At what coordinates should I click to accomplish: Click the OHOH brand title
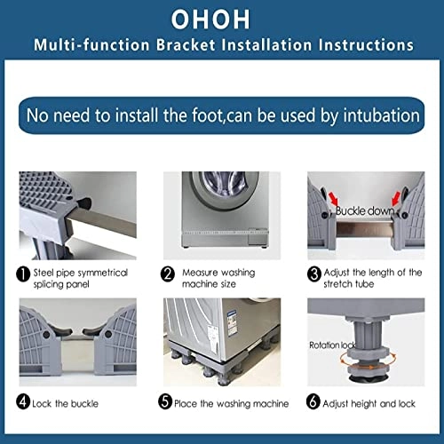pyautogui.click(x=221, y=19)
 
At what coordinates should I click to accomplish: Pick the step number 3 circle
pyautogui.click(x=314, y=274)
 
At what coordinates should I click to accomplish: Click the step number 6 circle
pyautogui.click(x=314, y=403)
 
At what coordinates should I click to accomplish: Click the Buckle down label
pyautogui.click(x=364, y=210)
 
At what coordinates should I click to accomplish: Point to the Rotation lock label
pyautogui.click(x=333, y=345)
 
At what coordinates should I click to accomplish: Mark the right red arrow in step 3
pyautogui.click(x=402, y=198)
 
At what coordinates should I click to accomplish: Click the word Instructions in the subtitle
pyautogui.click(x=367, y=44)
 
